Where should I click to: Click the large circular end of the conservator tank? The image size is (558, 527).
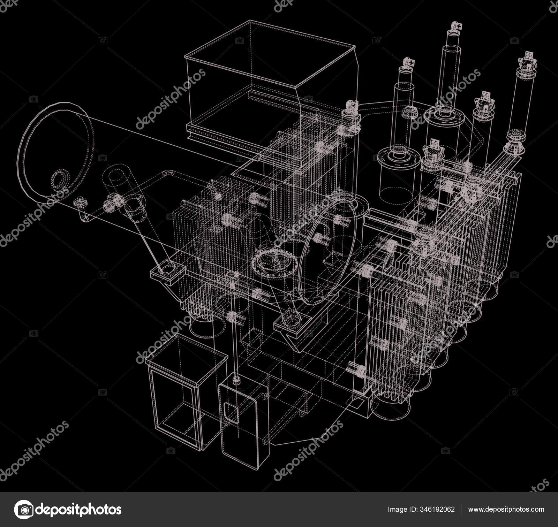56,153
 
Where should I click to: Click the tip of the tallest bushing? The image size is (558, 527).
455,26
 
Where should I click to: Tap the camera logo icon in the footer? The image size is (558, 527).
24,509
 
